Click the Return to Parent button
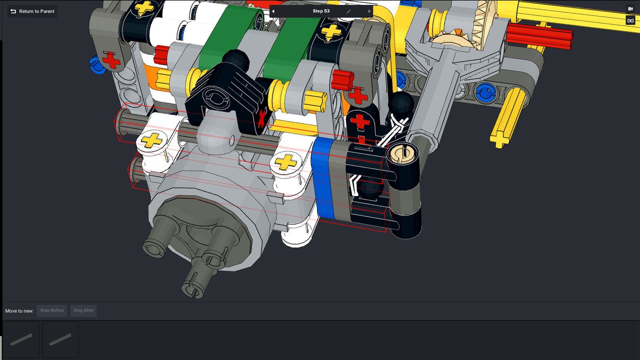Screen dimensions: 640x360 coord(32,12)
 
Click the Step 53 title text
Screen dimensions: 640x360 coord(321,11)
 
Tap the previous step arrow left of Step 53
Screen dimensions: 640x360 coord(273,12)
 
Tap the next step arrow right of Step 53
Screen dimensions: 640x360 coord(369,12)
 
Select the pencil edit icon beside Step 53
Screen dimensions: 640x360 coord(349,12)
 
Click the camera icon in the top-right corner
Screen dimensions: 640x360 coord(630,9)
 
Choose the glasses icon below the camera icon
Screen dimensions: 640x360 coord(630,20)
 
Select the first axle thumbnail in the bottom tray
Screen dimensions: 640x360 coord(21,340)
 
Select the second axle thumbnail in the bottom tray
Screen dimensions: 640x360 coord(60,340)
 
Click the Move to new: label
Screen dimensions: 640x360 coord(20,311)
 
